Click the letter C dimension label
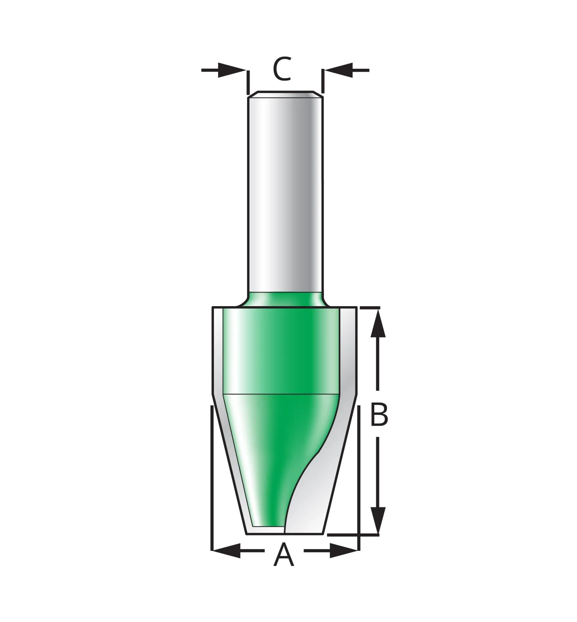click(x=282, y=69)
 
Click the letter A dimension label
click(x=283, y=554)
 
